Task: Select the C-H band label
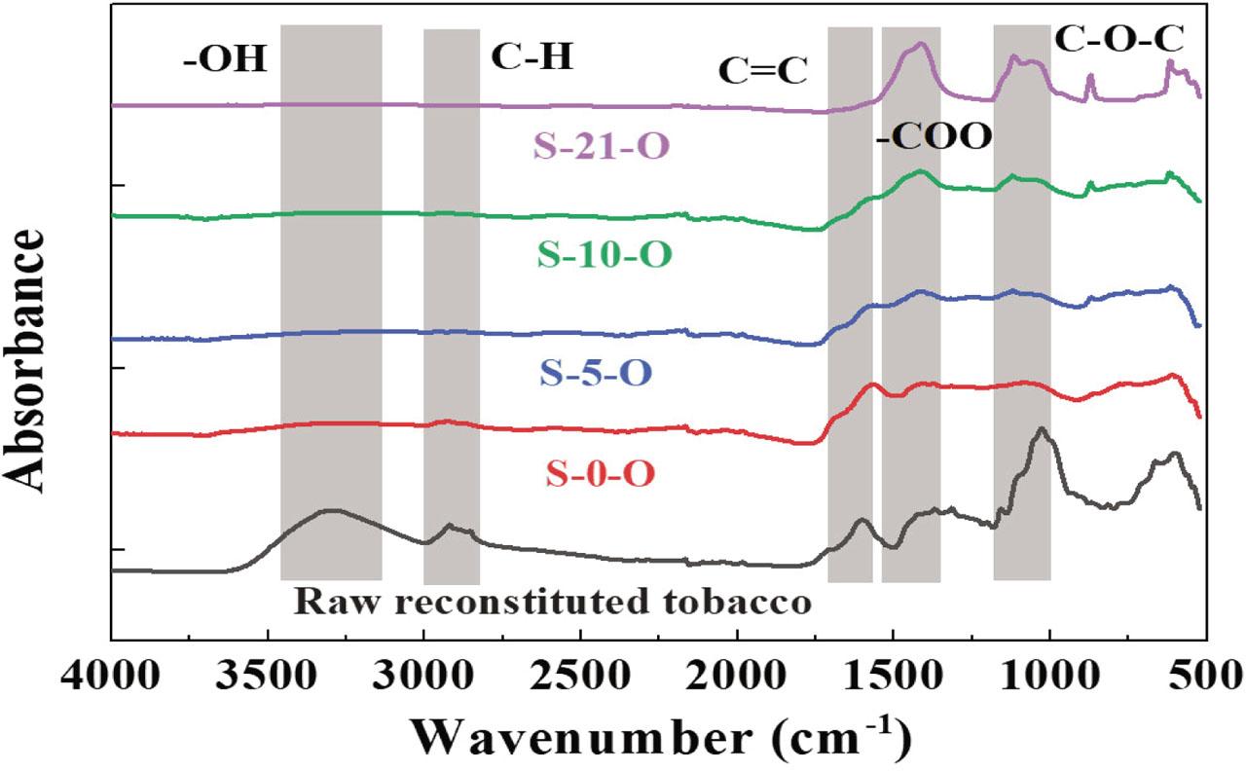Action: tap(531, 57)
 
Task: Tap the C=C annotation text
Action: tap(765, 69)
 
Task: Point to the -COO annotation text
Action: tap(934, 136)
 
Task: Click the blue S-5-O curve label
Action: tap(593, 373)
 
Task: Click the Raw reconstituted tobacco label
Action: tap(553, 601)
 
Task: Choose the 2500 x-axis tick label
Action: tap(580, 675)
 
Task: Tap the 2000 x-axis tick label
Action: tap(737, 675)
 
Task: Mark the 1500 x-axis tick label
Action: tap(893, 675)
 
